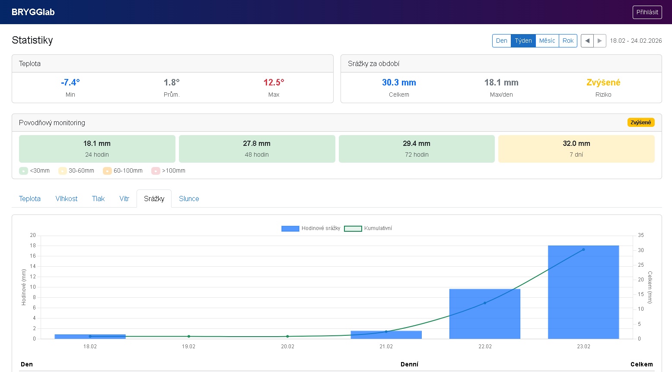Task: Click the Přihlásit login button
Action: tap(647, 12)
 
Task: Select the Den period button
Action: tap(501, 41)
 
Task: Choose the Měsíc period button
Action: tap(547, 41)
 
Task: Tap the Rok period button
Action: tap(568, 41)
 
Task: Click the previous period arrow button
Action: tap(587, 41)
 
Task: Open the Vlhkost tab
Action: tap(66, 199)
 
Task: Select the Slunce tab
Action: tap(189, 199)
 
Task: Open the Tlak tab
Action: tap(98, 199)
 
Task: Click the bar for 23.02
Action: tap(583, 292)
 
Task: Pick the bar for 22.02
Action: tap(485, 314)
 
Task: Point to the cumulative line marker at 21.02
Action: tap(386, 331)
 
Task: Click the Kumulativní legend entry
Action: tap(368, 228)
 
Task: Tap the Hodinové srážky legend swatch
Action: tap(290, 229)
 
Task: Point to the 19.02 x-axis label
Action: tap(188, 347)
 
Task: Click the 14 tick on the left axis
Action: tap(33, 266)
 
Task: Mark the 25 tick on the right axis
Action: tap(641, 265)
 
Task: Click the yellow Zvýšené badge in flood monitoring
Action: tap(640, 123)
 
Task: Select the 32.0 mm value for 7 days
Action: tap(576, 143)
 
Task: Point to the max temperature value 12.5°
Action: tap(274, 82)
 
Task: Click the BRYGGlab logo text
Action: tap(33, 12)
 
